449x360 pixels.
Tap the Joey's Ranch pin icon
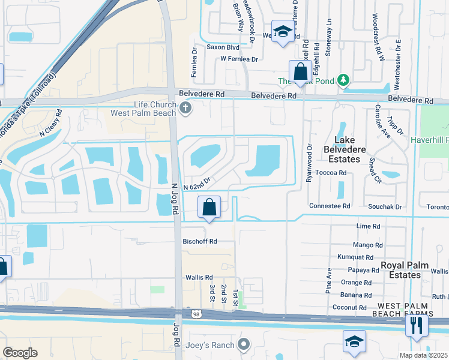pyautogui.click(x=243, y=344)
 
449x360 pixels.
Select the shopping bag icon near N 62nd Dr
pyautogui.click(x=209, y=208)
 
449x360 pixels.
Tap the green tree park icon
pyautogui.click(x=343, y=80)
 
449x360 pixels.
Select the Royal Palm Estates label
pyautogui.click(x=401, y=269)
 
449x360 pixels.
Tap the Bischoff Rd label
pyautogui.click(x=199, y=241)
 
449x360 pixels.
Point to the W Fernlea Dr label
pyautogui.click(x=239, y=59)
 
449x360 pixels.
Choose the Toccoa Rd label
pyautogui.click(x=334, y=172)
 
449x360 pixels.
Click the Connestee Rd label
pyautogui.click(x=330, y=206)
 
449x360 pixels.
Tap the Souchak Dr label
pyautogui.click(x=390, y=206)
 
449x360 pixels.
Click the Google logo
pyautogui.click(x=20, y=352)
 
